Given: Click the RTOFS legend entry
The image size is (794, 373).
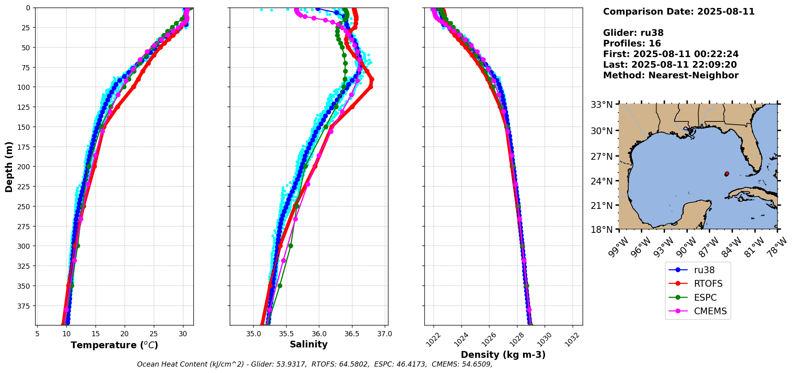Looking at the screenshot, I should [x=708, y=284].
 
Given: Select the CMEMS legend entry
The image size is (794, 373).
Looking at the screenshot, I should [x=710, y=311].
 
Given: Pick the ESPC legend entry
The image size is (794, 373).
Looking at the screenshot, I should [x=705, y=298].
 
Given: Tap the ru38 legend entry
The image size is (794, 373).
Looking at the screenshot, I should [x=704, y=270].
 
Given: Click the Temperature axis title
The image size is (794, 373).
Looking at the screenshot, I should [x=114, y=345].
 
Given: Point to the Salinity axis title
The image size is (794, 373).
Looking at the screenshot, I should [x=308, y=345].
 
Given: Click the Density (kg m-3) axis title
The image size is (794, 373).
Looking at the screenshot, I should [x=503, y=355].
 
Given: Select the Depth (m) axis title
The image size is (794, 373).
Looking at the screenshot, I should [x=9, y=167].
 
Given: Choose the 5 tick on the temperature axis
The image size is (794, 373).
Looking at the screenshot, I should [x=37, y=334].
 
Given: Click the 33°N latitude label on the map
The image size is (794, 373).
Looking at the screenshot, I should [x=602, y=105].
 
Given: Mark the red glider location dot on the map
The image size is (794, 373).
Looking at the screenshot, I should [x=726, y=174].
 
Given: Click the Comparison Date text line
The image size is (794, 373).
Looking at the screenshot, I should [x=679, y=12].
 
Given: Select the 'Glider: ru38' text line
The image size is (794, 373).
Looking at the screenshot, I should [x=633, y=33].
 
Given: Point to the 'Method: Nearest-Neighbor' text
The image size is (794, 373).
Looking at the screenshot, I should [x=671, y=75].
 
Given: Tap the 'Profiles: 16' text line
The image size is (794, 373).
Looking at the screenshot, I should [x=632, y=44].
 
